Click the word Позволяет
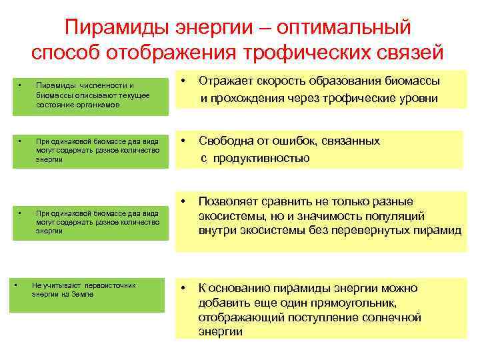coord(231,201)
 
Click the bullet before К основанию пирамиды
coord(183,289)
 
